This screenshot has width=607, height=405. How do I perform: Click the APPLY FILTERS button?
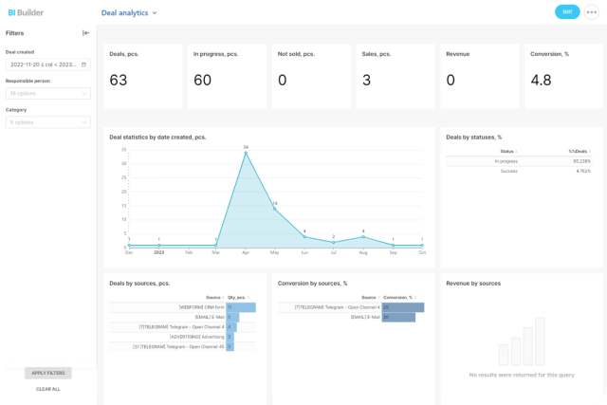48,373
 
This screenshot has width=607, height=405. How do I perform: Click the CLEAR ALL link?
48,389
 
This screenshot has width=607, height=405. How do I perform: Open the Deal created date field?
47,64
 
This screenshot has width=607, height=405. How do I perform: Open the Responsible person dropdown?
47,94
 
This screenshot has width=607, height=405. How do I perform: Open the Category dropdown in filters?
47,122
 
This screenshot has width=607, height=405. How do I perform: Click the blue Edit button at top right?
567,12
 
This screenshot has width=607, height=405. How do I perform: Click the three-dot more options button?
593,12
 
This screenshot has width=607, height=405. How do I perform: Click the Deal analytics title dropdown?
129,13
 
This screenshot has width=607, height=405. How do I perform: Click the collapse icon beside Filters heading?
86,33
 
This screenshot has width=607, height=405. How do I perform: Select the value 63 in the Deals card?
119,81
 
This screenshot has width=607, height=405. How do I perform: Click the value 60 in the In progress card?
202,81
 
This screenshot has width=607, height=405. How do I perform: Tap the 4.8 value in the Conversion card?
541,81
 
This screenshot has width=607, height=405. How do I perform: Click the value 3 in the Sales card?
366,81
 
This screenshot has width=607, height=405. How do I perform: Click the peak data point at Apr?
246,152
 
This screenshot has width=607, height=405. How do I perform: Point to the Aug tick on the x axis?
362,252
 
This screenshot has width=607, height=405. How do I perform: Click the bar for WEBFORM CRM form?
241,307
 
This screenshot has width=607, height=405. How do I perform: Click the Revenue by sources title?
473,283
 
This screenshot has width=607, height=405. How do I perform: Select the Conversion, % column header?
397,297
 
